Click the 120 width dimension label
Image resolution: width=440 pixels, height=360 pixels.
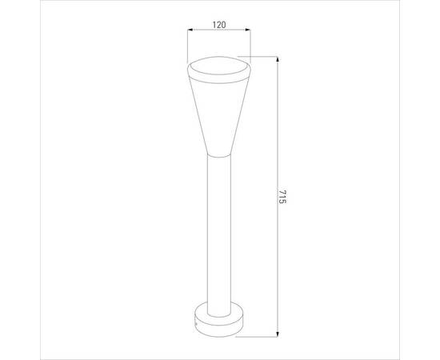(219, 25)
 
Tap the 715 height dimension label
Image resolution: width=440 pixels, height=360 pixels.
(282, 197)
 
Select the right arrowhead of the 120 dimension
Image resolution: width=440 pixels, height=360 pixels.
(247, 30)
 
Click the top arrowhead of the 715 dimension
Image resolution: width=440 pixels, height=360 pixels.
(278, 60)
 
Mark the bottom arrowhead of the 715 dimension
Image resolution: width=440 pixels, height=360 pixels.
(278, 334)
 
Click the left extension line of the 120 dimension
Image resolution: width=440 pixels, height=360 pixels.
(187, 46)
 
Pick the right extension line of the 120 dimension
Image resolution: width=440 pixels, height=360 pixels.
(250, 46)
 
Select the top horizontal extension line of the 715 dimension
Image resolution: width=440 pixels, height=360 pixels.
(258, 57)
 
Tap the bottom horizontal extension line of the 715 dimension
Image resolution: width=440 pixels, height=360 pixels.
(257, 337)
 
